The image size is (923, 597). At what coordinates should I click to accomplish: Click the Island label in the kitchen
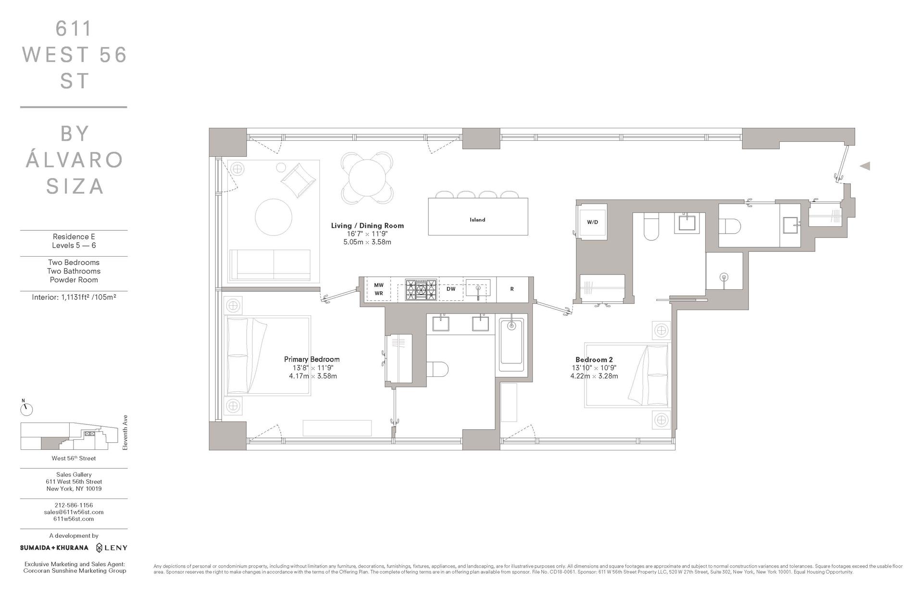477,220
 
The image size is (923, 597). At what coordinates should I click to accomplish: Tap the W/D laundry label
592,222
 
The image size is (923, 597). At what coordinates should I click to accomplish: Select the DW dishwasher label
450,289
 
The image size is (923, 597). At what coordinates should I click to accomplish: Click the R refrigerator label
512,289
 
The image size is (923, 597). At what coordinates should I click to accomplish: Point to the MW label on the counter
379,285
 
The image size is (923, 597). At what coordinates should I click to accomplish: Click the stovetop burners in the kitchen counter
421,290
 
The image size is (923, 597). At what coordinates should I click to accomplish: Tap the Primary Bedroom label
312,359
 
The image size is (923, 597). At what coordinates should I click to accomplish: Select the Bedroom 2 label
594,360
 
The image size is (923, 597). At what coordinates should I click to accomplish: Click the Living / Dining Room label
367,225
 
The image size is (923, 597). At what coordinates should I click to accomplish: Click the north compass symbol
26,409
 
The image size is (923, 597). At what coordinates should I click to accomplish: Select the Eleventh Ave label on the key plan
125,432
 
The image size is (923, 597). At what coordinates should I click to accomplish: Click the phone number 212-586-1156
74,505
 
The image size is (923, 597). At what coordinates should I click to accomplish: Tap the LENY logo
112,547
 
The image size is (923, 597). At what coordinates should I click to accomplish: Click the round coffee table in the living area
274,217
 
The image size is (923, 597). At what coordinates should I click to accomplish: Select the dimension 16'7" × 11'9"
367,234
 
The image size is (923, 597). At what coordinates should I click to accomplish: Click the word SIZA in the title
75,186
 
